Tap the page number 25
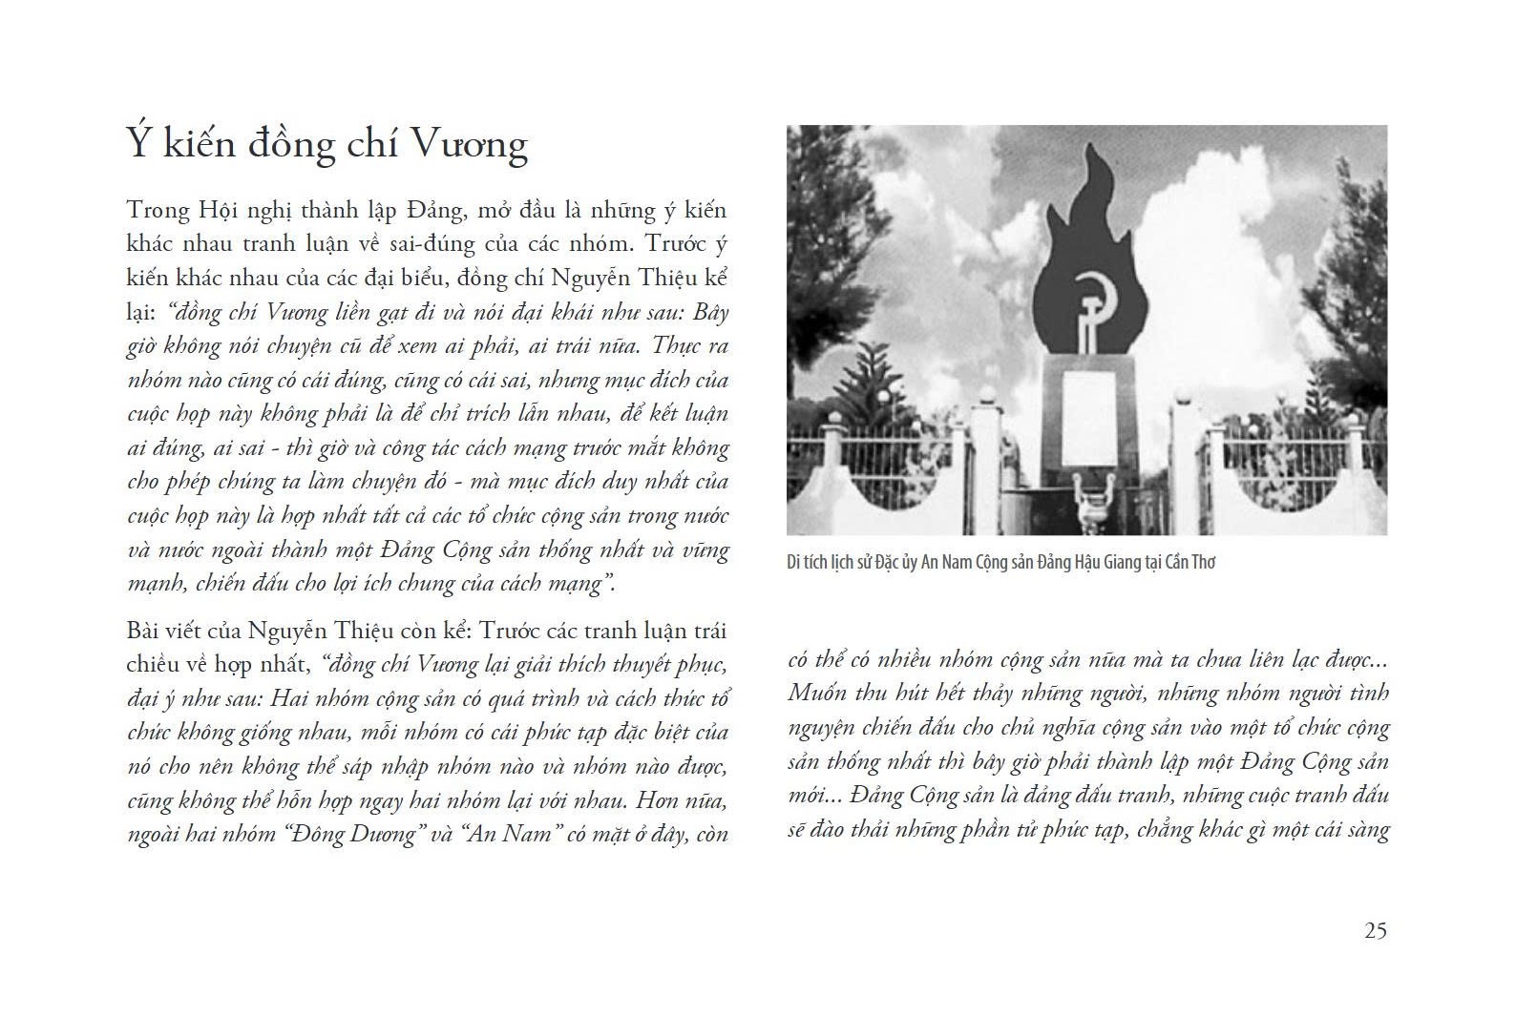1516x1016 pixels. [1375, 930]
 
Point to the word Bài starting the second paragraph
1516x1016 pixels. [144, 632]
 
